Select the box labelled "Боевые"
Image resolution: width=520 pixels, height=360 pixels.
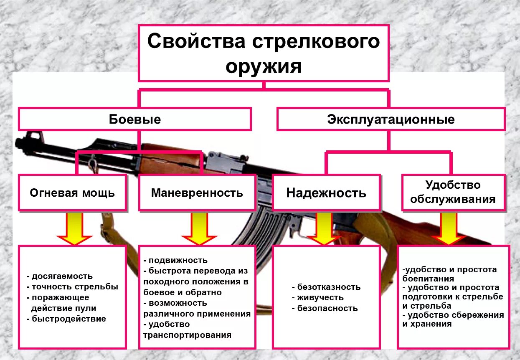pyautogui.click(x=135, y=119)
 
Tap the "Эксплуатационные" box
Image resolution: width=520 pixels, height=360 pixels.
pyautogui.click(x=391, y=119)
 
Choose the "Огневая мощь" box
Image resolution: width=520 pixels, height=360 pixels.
pyautogui.click(x=72, y=193)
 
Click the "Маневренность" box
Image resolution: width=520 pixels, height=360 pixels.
pyautogui.click(x=197, y=193)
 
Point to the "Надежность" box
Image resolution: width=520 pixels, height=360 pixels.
pyautogui.click(x=326, y=193)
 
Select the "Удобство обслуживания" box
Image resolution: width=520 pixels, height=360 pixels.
pyautogui.click(x=453, y=192)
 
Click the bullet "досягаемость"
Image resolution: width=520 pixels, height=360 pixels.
pyautogui.click(x=62, y=276)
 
